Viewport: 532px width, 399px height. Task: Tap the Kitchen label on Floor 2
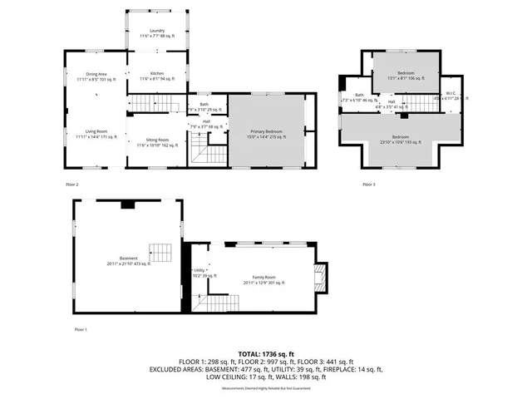click(156, 74)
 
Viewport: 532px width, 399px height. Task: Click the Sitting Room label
click(158, 142)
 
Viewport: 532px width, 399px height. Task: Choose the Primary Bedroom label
click(268, 133)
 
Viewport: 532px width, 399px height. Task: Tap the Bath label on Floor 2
click(204, 106)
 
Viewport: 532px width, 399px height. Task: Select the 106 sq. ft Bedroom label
click(406, 75)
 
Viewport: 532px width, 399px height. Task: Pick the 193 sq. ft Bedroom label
click(401, 139)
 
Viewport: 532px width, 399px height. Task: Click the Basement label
click(127, 260)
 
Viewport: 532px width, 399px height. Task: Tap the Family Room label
click(264, 280)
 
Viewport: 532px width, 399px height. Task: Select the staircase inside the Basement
click(160, 251)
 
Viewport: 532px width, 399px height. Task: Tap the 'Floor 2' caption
click(72, 184)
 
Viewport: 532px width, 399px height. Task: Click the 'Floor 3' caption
click(369, 184)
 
